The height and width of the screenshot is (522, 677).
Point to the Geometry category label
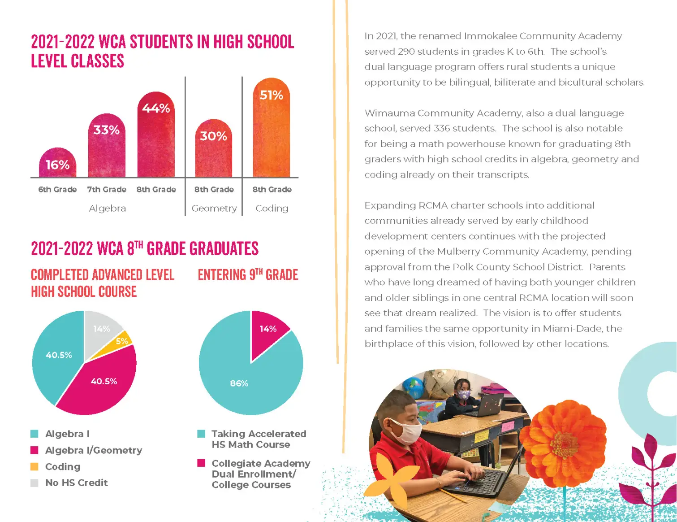pyautogui.click(x=214, y=209)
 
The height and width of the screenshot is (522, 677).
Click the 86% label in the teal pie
pyautogui.click(x=239, y=383)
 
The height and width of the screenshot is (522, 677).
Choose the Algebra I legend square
pyautogui.click(x=34, y=434)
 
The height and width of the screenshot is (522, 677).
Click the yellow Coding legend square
pyautogui.click(x=34, y=466)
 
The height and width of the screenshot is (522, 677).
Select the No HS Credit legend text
pyautogui.click(x=77, y=483)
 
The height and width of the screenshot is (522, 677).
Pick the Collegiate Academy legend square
pyautogui.click(x=201, y=463)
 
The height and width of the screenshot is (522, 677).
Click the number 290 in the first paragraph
pyautogui.click(x=406, y=52)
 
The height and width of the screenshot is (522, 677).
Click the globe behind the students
pyautogui.click(x=413, y=387)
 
